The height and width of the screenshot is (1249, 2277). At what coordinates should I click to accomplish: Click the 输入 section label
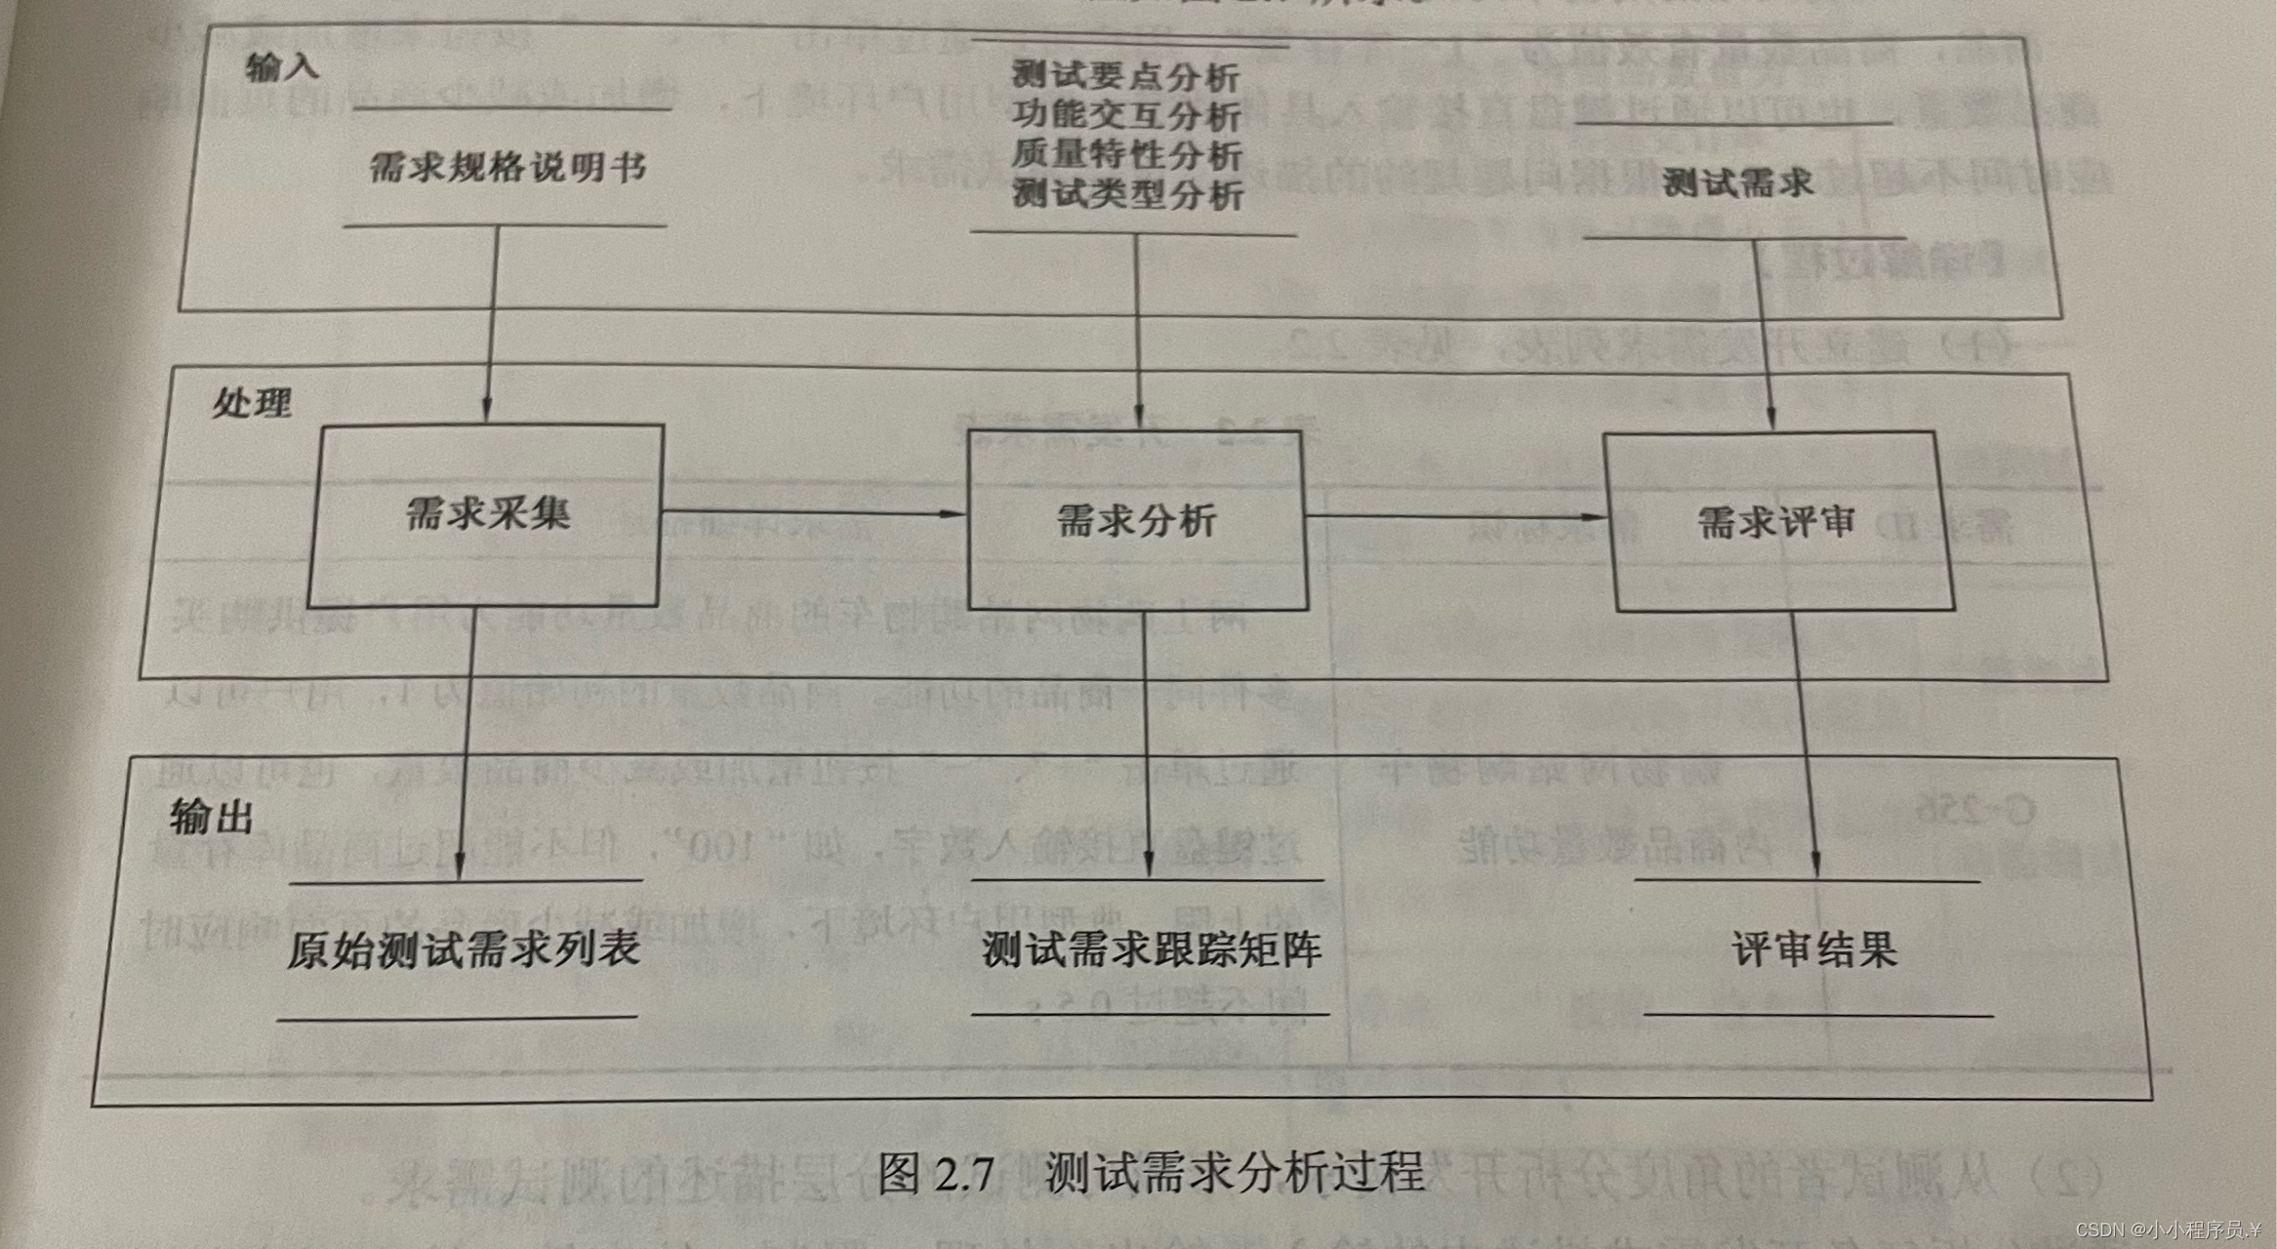[281, 66]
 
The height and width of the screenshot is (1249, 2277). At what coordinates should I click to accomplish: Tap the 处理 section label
[252, 403]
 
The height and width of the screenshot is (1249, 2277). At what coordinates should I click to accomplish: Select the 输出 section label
[212, 817]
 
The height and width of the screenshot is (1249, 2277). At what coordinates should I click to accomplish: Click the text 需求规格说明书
[508, 169]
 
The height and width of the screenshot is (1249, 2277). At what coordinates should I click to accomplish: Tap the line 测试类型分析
[1127, 194]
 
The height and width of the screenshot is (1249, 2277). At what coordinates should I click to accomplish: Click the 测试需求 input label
[1737, 183]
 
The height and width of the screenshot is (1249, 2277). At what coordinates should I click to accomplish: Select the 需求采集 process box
[486, 515]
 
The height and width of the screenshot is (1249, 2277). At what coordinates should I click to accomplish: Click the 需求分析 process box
[1136, 521]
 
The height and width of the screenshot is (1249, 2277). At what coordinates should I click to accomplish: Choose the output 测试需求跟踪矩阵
[1152, 949]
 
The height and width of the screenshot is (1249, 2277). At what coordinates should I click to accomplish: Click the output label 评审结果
[1814, 949]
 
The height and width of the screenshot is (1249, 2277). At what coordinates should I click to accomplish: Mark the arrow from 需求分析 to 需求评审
[1454, 516]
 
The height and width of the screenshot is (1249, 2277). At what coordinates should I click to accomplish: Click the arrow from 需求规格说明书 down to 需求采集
[491, 322]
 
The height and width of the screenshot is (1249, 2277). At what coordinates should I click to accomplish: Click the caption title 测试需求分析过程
[1234, 1172]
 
